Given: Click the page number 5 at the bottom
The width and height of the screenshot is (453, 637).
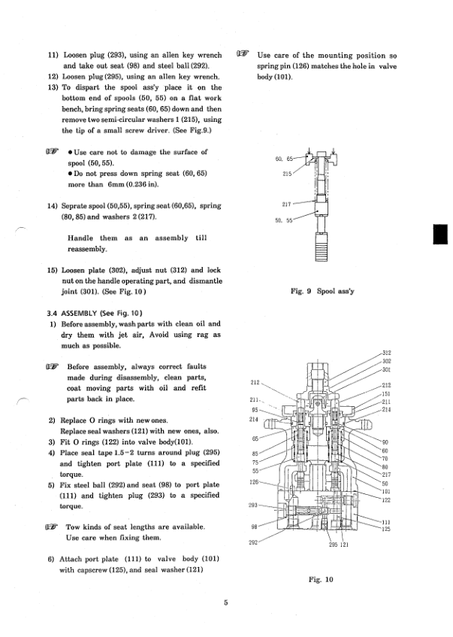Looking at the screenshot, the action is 225,602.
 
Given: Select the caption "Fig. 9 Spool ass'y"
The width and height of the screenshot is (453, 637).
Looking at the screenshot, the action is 322,291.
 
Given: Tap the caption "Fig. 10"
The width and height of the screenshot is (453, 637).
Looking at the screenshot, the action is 321,579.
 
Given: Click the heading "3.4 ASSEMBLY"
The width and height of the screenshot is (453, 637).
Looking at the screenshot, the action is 72,313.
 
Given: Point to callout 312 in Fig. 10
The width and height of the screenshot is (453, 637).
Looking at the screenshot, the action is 386,353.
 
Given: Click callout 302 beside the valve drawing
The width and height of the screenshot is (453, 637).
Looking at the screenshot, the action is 386,361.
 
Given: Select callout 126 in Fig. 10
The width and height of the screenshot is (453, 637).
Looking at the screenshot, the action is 254,482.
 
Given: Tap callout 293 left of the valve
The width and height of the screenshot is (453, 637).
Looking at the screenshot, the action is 253,505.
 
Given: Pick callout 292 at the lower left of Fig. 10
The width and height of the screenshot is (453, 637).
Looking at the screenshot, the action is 253,542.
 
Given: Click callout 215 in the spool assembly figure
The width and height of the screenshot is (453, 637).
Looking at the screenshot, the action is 287,174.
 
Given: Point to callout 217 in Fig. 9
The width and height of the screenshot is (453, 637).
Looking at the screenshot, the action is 286,205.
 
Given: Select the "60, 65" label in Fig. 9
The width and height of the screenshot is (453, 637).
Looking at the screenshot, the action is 284,159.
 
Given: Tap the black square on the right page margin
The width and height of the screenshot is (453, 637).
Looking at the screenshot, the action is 440,234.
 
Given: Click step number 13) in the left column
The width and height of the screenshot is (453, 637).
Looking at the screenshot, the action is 53,87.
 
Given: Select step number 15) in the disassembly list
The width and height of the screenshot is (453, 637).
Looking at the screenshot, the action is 53,270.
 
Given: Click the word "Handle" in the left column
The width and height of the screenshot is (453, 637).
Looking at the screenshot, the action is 80,238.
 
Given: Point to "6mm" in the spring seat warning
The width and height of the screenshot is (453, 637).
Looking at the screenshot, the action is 116,184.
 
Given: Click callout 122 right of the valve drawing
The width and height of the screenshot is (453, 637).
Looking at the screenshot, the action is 386,499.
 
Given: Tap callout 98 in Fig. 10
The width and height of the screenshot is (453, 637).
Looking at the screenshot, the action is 254,527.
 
